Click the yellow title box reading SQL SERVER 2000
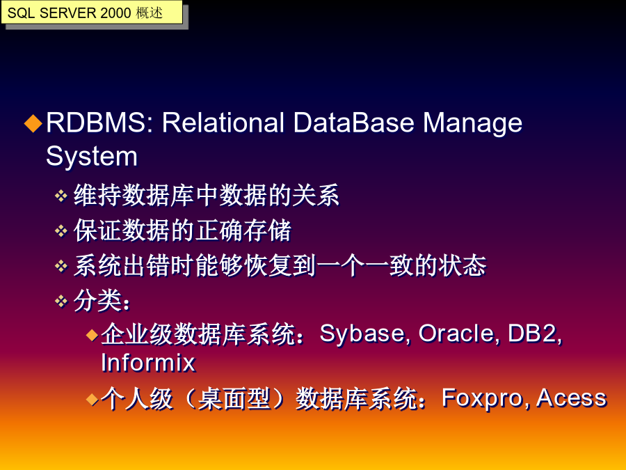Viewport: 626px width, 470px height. pos(92,13)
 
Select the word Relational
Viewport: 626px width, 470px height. pos(223,123)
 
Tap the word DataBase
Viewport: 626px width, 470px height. pos(354,123)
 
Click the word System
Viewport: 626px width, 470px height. pos(92,157)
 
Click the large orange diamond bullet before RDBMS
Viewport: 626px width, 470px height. pos(33,123)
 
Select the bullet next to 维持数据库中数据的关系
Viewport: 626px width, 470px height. pos(61,196)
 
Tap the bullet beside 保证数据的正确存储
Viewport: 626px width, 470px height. pos(61,231)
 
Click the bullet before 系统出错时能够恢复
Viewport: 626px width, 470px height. pos(61,266)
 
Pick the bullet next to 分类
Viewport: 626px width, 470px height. pos(61,301)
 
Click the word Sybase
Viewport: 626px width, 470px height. pos(365,334)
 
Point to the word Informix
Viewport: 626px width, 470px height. pos(148,363)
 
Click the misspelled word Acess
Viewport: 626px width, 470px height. pos(571,398)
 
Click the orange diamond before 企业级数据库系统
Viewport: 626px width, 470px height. pos(93,335)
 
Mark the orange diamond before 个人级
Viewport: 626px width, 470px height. pos(93,399)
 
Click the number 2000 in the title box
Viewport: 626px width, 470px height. pos(115,13)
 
